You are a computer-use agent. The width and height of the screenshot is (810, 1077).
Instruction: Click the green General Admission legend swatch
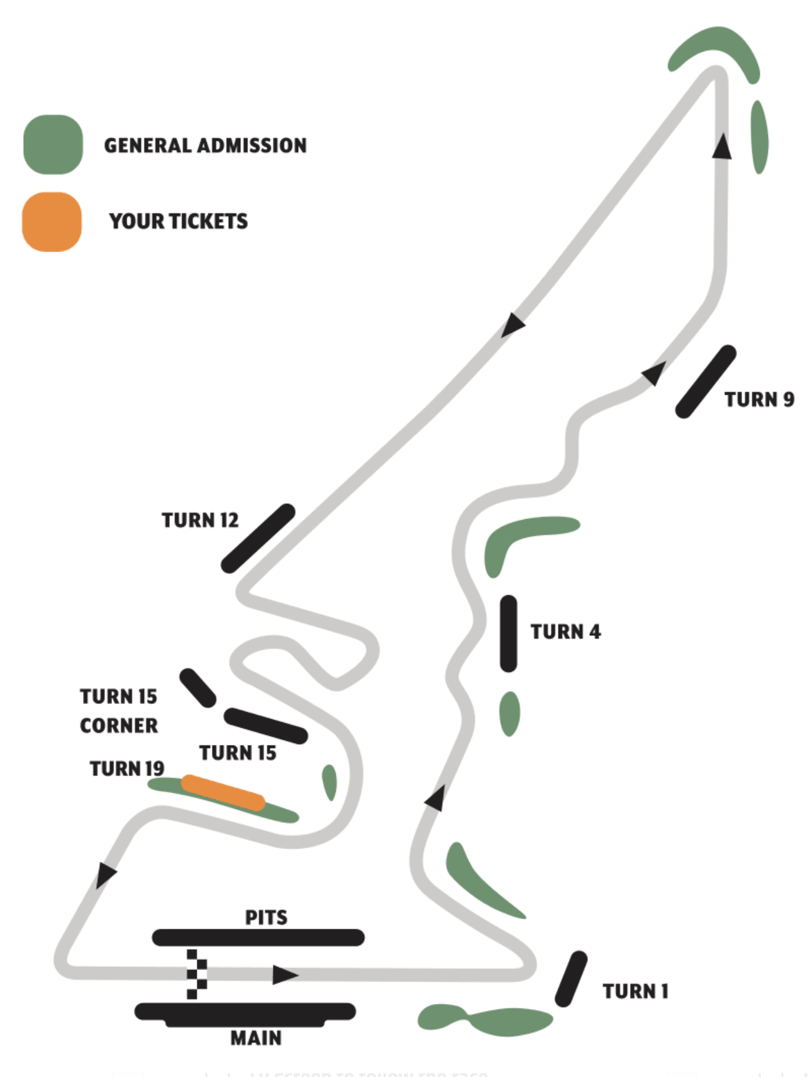tap(53, 145)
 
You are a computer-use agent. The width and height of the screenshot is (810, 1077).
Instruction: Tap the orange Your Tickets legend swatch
tap(52, 221)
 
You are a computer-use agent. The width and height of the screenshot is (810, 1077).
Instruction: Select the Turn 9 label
tap(759, 399)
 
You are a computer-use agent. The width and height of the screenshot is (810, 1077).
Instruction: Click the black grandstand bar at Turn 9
tap(706, 381)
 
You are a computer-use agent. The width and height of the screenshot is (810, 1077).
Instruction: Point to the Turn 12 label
tap(200, 520)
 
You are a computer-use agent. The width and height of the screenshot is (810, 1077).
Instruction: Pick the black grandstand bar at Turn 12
tap(258, 538)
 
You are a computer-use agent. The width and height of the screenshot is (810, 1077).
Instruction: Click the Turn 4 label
tap(565, 632)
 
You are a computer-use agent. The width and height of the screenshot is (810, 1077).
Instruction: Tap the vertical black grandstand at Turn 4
tap(508, 633)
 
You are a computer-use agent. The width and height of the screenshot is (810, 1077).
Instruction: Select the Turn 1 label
tap(635, 991)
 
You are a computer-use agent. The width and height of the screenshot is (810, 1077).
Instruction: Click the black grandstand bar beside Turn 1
tap(571, 978)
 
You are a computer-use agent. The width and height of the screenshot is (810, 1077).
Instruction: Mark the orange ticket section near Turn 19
tap(223, 793)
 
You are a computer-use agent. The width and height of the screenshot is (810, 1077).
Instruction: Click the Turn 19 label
tap(126, 769)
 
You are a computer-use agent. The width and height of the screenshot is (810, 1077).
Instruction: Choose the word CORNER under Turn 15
tap(119, 725)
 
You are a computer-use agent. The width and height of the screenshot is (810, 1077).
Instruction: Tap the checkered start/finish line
tap(196, 974)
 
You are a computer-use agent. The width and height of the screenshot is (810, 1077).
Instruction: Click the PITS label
tap(266, 917)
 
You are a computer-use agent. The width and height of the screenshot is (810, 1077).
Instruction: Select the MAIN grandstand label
tap(255, 1038)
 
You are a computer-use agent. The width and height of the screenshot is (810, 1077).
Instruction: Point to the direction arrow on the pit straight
tap(285, 975)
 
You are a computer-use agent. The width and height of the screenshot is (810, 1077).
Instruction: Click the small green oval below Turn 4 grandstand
tap(509, 713)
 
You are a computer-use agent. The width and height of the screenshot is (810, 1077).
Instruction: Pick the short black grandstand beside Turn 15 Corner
tap(197, 688)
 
